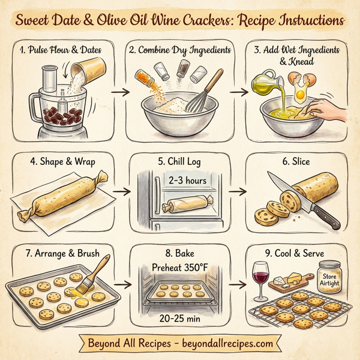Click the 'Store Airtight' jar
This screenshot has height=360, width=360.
tap(331, 278)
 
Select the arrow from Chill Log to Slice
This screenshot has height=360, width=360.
tap(239, 193)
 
